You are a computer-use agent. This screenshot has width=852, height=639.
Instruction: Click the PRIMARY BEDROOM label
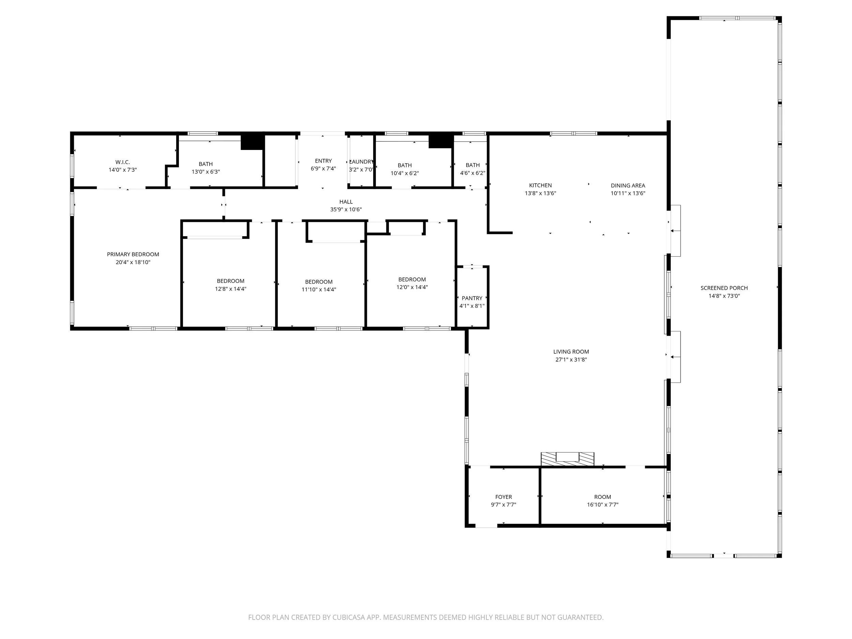pos(133,254)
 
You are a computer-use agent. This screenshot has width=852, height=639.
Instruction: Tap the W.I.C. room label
pos(122,162)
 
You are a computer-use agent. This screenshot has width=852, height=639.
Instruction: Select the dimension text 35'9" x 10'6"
pos(346,210)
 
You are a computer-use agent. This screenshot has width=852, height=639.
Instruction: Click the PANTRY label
pos(472,298)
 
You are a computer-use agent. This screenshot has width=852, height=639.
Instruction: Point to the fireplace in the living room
pos(567,459)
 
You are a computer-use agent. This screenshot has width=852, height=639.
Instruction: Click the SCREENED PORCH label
pos(724,288)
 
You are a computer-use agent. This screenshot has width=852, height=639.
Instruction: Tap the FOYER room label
pos(503,497)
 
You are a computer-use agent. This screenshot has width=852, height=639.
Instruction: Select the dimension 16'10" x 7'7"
pos(603,505)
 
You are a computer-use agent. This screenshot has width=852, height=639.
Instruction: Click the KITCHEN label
pos(541,185)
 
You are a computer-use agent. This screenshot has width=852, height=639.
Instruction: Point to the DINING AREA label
pos(628,185)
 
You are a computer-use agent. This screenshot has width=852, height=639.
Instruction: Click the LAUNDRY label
pos(361,162)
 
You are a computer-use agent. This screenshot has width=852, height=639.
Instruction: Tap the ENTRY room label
pos(323,161)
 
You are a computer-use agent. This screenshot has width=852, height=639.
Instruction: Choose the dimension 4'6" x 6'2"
pos(473,173)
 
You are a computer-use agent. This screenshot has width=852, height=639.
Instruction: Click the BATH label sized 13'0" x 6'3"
pos(206,164)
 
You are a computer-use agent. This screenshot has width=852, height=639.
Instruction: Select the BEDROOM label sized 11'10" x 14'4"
pos(319,282)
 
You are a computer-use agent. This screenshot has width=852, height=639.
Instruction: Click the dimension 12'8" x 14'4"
pos(230,289)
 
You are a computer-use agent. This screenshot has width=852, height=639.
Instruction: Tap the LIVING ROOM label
pos(571,351)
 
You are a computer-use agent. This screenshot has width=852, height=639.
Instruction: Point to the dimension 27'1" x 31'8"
pos(571,359)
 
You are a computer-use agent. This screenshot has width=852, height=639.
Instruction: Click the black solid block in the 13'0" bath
pos(252,141)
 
